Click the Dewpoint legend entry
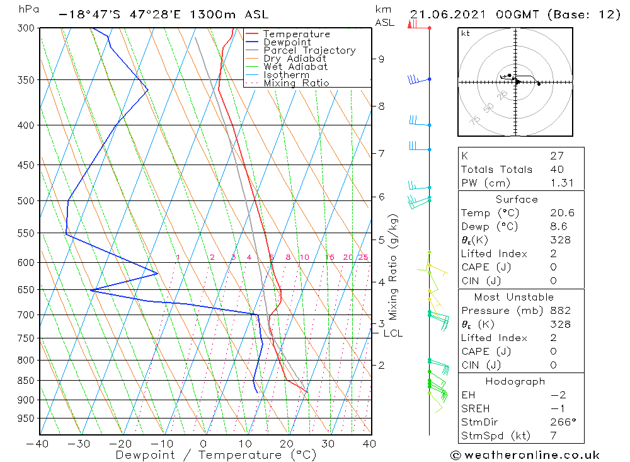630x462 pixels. (x=287, y=42)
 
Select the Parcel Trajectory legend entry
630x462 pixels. (x=309, y=50)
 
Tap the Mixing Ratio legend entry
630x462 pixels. (x=296, y=83)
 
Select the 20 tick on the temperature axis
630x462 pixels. (x=287, y=444)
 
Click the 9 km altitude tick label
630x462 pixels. (x=381, y=59)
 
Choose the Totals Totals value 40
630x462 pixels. (x=557, y=169)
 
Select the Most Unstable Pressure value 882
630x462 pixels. (x=560, y=311)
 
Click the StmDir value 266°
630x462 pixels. (x=560, y=422)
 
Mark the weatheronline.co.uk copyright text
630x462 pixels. (x=524, y=455)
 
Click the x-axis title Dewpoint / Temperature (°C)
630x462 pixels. (x=207, y=455)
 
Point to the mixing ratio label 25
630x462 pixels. (x=363, y=257)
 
